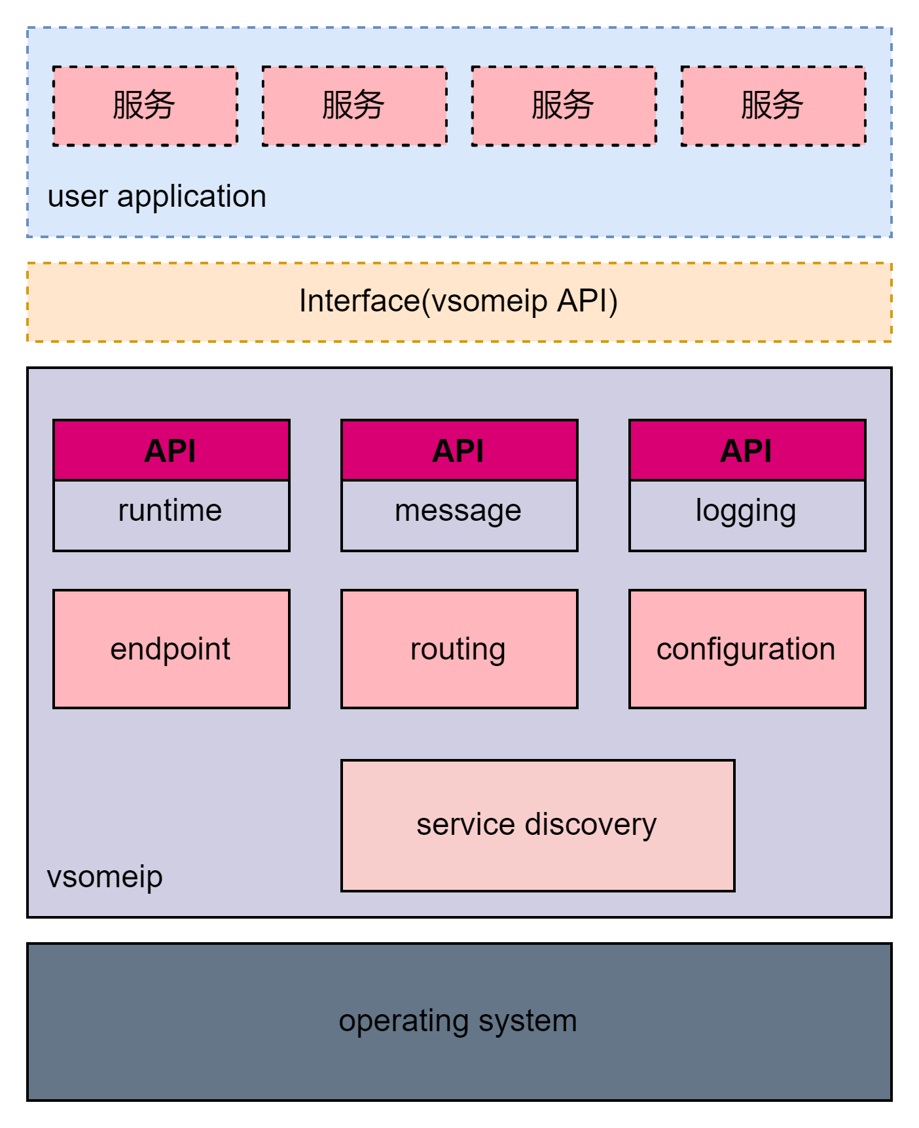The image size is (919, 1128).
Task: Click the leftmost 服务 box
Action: (145, 105)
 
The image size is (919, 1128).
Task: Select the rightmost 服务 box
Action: (773, 105)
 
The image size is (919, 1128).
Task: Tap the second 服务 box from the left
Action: (354, 105)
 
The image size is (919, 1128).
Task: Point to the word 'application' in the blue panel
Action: (191, 196)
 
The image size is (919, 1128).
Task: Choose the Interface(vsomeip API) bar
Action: (459, 302)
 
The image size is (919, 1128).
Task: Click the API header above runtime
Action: (171, 450)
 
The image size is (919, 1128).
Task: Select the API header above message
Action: (459, 450)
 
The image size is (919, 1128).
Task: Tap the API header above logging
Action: (747, 450)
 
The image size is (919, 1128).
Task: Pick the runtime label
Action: (170, 510)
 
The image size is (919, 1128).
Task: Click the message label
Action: (458, 510)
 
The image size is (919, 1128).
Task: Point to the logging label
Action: (746, 511)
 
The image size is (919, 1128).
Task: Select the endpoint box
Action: (171, 649)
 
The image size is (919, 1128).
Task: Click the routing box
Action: (459, 649)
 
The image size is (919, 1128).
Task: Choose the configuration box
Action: (747, 649)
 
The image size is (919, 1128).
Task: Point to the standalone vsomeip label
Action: (105, 877)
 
